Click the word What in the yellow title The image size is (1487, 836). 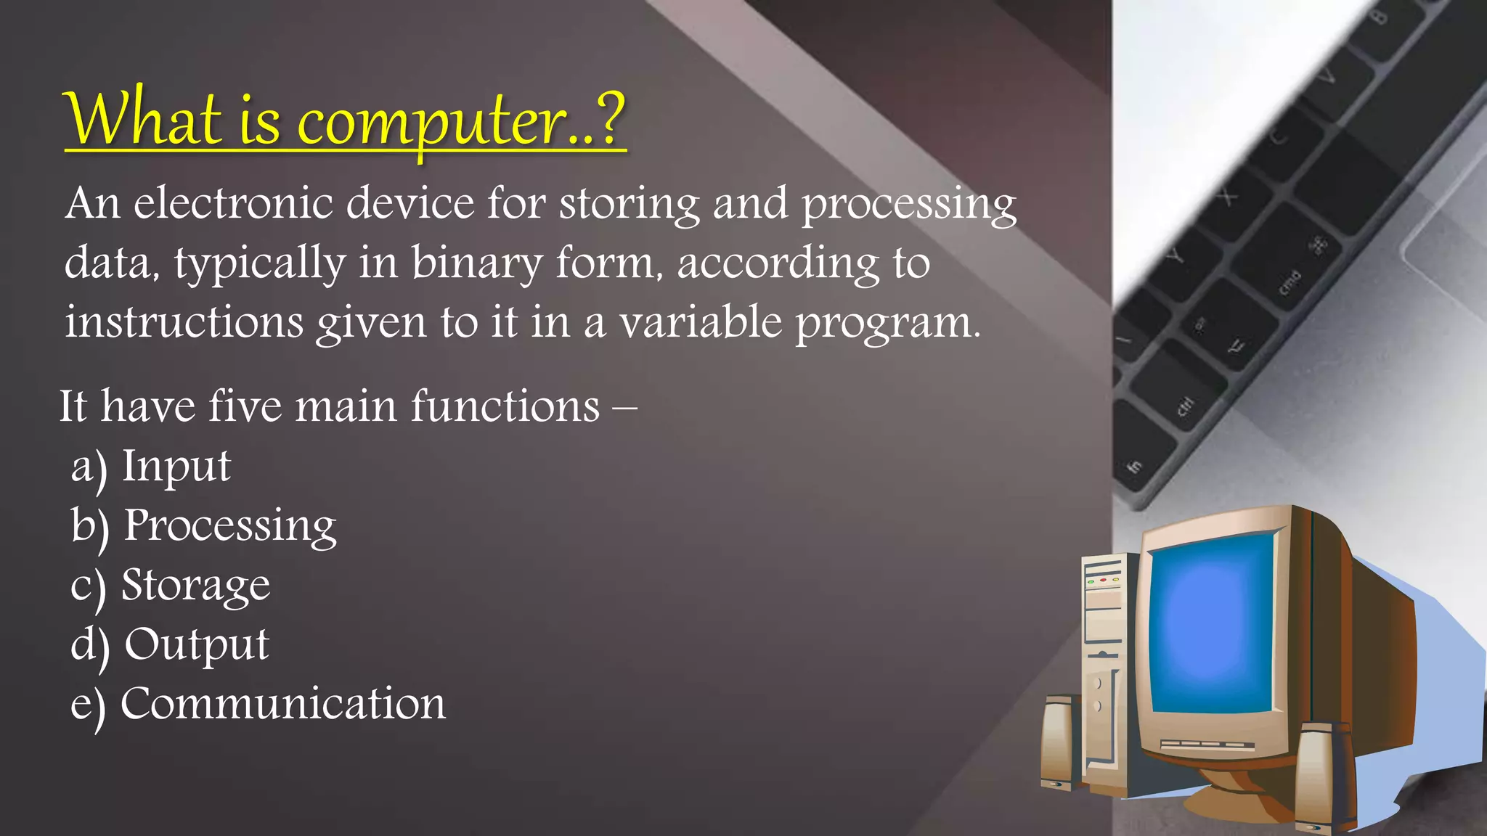pos(143,118)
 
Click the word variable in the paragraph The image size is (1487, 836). pos(700,321)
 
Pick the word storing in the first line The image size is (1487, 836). pos(629,204)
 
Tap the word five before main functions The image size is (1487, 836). pos(245,406)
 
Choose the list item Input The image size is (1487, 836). pos(176,466)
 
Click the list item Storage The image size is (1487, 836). pos(195,585)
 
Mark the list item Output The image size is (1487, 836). pos(196,644)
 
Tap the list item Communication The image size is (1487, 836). pos(282,704)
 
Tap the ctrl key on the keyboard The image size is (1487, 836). pos(1185,407)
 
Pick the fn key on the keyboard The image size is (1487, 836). pos(1134,466)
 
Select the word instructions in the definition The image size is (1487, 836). pos(184,321)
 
